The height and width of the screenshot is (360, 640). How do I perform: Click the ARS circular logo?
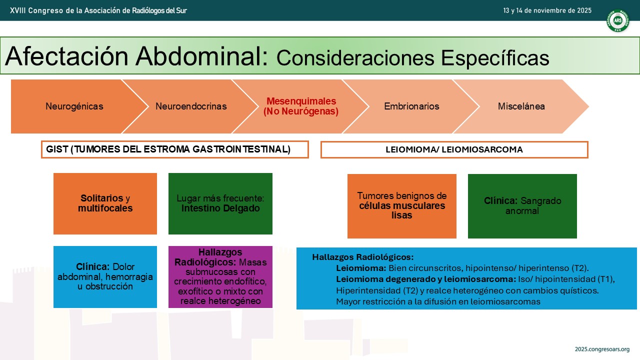click(x=617, y=20)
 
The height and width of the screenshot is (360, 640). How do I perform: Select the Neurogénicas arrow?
click(x=74, y=106)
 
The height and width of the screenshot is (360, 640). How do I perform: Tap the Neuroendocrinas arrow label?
click(x=191, y=106)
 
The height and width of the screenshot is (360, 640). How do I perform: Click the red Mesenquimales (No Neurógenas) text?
click(x=301, y=106)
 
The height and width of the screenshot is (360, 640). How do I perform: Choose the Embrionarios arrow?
click(x=411, y=106)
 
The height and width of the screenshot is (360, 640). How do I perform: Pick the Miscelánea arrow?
click(x=521, y=106)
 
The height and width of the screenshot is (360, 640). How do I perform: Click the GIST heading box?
click(x=175, y=149)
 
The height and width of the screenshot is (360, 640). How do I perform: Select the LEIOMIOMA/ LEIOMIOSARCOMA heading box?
click(x=454, y=149)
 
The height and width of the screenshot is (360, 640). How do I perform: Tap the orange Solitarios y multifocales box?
click(x=105, y=203)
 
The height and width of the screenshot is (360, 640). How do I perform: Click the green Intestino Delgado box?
click(x=220, y=203)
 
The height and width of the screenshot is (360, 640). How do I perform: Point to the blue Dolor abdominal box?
click(x=105, y=277)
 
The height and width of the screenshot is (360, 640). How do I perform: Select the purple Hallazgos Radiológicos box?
click(x=220, y=277)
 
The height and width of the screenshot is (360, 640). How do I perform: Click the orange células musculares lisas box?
click(x=401, y=206)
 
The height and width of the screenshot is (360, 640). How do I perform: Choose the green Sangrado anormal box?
click(x=522, y=206)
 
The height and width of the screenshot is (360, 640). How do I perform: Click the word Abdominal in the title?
click(x=201, y=56)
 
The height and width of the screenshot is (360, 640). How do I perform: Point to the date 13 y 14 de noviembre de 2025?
click(x=547, y=10)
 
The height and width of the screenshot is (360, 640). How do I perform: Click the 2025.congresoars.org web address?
click(x=602, y=349)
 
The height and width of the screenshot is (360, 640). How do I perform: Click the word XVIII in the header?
click(x=17, y=10)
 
